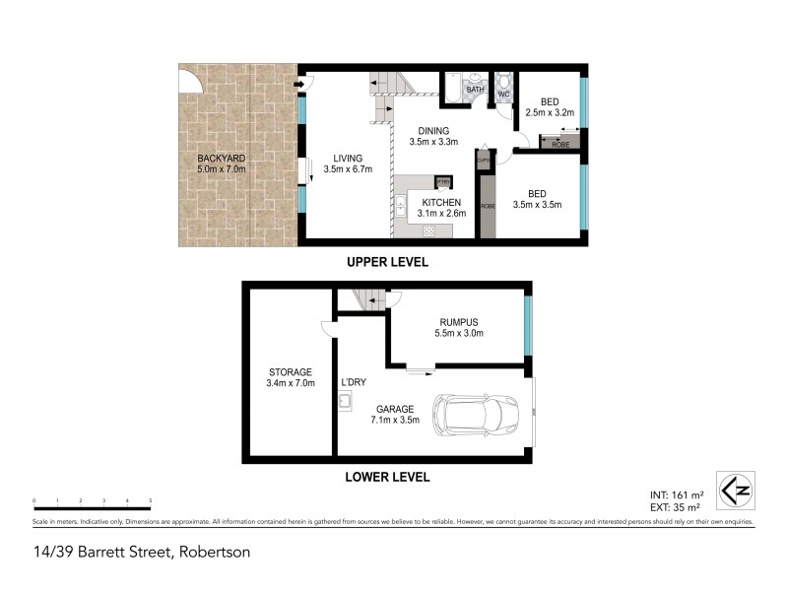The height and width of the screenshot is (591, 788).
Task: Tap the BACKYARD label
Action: [x=221, y=158]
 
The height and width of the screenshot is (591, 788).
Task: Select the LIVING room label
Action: [x=346, y=158]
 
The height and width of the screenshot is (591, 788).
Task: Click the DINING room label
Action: [x=433, y=131]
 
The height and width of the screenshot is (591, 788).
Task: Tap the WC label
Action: [x=502, y=95]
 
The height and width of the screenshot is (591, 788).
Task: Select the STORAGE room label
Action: [x=292, y=371]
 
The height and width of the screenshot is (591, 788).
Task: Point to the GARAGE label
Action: [x=394, y=409]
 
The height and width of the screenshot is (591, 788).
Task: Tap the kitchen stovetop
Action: [x=429, y=230]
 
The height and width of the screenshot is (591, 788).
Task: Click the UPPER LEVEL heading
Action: [x=387, y=263]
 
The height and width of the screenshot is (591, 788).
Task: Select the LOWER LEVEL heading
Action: [x=388, y=478]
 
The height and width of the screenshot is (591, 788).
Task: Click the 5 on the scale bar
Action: [x=150, y=500]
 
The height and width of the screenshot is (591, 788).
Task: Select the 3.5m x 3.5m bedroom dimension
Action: [x=537, y=205]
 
